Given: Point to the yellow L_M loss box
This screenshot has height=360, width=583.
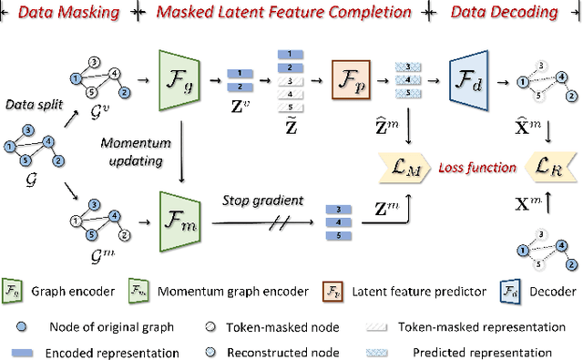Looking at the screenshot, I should pyautogui.click(x=404, y=164).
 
